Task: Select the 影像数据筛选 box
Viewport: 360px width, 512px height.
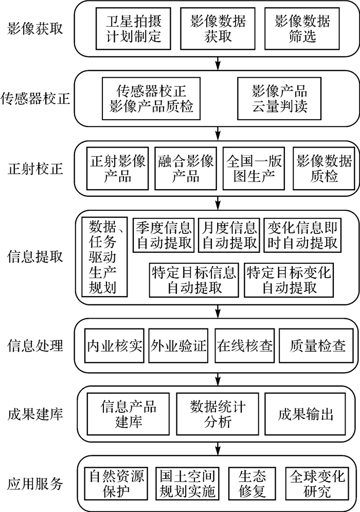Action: coord(302,28)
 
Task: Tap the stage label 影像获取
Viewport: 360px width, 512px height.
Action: coord(35,28)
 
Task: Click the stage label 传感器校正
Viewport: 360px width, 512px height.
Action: coord(35,98)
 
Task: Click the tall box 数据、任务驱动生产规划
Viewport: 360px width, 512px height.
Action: coord(102,256)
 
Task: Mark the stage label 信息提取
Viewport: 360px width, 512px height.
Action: coord(35,256)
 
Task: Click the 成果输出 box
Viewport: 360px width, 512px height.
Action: coord(305,414)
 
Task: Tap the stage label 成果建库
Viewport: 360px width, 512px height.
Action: coord(35,414)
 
